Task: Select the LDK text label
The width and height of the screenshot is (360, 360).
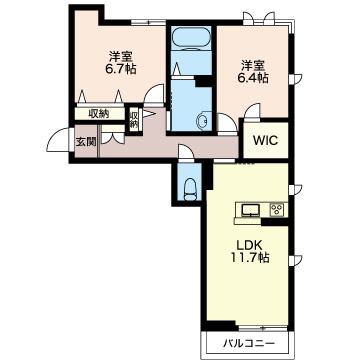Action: [x=250, y=245]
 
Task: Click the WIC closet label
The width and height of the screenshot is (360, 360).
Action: [x=265, y=140]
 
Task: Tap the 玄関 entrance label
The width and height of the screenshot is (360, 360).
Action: [x=86, y=142]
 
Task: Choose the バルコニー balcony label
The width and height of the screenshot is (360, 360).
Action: [x=249, y=343]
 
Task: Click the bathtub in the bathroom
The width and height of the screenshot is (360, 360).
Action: [x=191, y=38]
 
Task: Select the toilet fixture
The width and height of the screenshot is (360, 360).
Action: [x=190, y=189]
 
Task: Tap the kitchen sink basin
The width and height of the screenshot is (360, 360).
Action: [x=251, y=210]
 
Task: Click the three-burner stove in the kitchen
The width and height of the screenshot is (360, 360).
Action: [x=277, y=210]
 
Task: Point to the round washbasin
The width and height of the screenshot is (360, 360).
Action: [x=203, y=120]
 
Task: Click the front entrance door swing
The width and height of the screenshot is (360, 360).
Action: [x=59, y=140]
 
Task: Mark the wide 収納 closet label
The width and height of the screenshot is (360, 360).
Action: [x=99, y=114]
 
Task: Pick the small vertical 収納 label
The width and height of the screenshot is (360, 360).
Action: [x=134, y=120]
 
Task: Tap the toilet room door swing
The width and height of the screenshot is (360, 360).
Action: [x=186, y=153]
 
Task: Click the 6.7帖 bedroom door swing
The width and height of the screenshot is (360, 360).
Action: [x=154, y=94]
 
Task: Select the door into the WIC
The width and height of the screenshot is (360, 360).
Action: [x=252, y=111]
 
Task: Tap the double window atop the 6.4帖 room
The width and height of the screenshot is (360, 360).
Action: [x=259, y=18]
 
